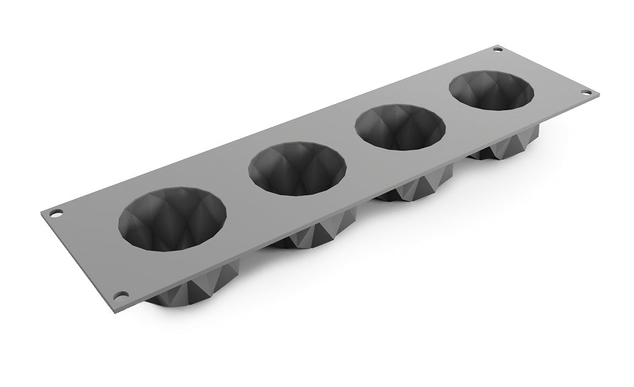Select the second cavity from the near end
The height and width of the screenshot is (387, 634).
click(x=297, y=169)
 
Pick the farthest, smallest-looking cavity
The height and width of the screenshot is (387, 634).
click(x=491, y=95)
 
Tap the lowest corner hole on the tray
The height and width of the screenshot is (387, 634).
click(x=120, y=296)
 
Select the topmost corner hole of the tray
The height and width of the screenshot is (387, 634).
click(x=498, y=49)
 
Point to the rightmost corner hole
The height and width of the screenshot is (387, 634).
click(x=585, y=92)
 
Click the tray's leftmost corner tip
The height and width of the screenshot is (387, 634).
click(x=41, y=212)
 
